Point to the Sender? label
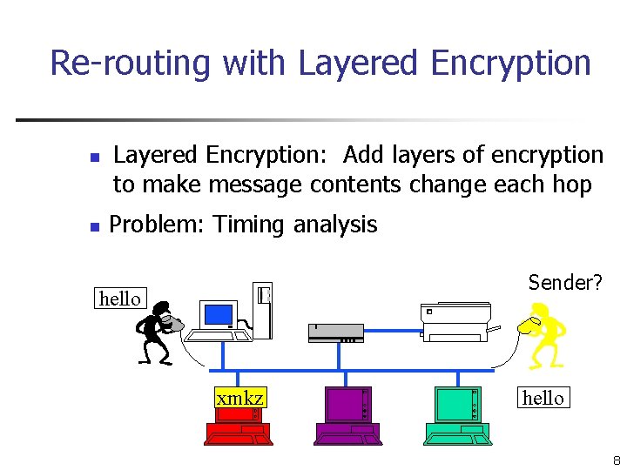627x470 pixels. coord(565,282)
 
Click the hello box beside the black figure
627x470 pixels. coord(120,299)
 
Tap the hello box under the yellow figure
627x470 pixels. coord(543,398)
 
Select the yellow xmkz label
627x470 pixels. coord(239,398)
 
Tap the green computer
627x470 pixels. coord(456,415)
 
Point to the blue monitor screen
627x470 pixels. coord(218,313)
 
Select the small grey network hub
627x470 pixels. coord(335,332)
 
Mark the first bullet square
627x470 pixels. coord(96,158)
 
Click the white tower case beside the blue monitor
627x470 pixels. coord(263,310)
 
